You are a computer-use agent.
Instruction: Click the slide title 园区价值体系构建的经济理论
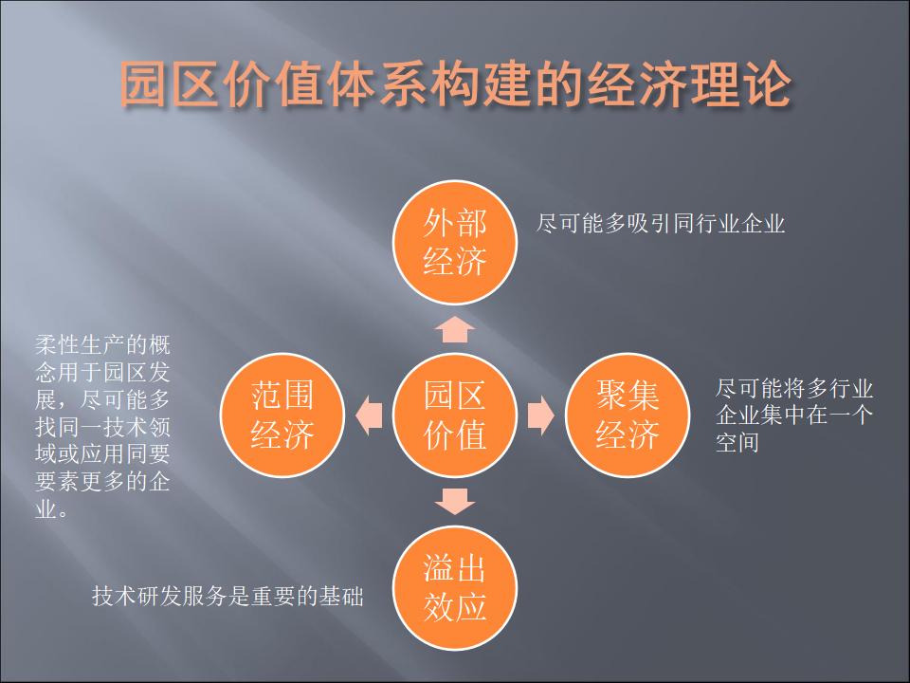[x=456, y=84]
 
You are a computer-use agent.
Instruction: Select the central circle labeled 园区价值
[x=455, y=415]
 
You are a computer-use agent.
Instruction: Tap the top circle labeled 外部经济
[x=455, y=242]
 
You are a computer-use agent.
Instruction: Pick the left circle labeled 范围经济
[x=282, y=415]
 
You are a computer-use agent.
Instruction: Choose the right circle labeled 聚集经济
[x=628, y=415]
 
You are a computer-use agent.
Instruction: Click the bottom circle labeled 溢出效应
[x=455, y=588]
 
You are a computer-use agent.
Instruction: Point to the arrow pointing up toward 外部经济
[x=455, y=329]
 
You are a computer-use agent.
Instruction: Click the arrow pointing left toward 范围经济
[x=369, y=415]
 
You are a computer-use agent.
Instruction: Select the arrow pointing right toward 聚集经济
[x=541, y=415]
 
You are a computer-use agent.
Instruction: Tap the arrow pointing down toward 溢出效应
[x=455, y=501]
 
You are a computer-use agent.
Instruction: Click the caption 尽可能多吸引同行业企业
[x=661, y=224]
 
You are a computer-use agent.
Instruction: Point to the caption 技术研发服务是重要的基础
[x=227, y=596]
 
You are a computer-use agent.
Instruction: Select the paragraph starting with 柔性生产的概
[x=102, y=427]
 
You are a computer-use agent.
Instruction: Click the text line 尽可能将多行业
[x=794, y=388]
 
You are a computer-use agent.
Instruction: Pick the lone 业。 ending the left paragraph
[x=51, y=509]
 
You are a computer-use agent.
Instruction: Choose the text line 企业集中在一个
[x=794, y=415]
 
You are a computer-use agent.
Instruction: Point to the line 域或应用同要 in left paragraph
[x=102, y=454]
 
